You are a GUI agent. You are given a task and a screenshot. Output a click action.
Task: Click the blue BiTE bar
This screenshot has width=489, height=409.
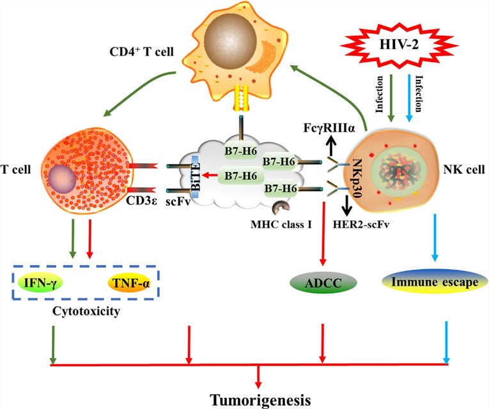click(x=196, y=173)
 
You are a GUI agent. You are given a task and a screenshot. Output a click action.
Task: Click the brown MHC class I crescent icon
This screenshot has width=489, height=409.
click(x=281, y=208)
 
